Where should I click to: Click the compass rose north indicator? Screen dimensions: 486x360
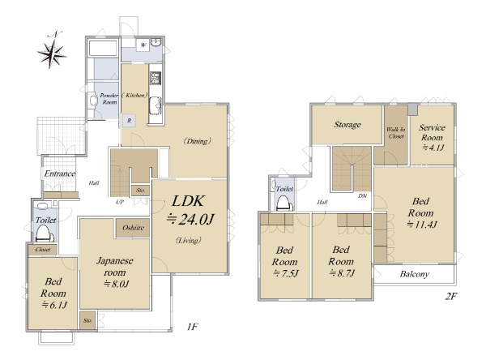[x=52, y=51]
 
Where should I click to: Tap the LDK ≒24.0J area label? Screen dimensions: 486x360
[x=190, y=210]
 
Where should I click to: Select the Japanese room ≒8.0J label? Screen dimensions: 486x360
[x=115, y=272]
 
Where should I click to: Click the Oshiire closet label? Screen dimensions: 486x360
[x=133, y=228]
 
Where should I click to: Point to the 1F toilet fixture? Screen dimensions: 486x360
[x=42, y=234]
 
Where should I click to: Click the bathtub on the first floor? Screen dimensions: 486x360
[x=103, y=48]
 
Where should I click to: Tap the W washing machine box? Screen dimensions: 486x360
[x=143, y=45]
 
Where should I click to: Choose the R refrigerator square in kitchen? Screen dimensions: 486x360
[x=129, y=121]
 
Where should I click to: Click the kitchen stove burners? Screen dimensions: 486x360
[x=155, y=78]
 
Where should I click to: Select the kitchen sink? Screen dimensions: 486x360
[x=155, y=106]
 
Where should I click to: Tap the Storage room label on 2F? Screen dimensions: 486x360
[x=347, y=125]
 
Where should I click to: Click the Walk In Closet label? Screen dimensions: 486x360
[x=396, y=133]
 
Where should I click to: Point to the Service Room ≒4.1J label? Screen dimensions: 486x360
[x=432, y=137]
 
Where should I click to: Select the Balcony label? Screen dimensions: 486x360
[x=415, y=274]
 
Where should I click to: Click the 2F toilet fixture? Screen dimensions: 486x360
[x=285, y=204]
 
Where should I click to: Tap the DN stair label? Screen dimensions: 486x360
[x=362, y=196]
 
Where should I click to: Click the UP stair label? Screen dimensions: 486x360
[x=120, y=202]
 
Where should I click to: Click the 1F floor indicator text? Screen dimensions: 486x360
[x=192, y=327]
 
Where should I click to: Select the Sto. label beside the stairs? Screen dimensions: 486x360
[x=140, y=191]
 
